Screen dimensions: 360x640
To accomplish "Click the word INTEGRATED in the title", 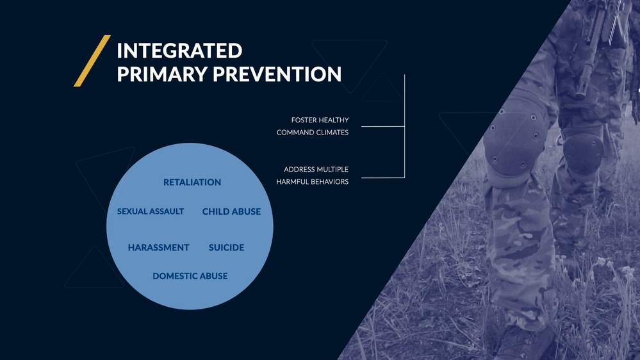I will coord(179,51).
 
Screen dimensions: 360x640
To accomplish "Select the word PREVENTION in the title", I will coord(277,74).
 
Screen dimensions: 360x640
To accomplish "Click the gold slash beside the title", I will coord(92,61).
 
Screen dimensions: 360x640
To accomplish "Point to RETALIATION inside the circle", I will coord(192,183).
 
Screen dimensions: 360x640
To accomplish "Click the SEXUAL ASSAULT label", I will coord(151,211).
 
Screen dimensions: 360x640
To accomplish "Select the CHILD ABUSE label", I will coord(231,212).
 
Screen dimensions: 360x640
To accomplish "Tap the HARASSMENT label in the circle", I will coord(158,248).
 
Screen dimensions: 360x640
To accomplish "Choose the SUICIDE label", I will coord(226,248).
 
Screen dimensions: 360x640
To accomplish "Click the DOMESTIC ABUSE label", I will coord(190,276).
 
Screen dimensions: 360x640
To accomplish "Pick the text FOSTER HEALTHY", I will coord(320,120).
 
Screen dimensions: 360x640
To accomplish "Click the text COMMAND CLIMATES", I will coord(313,133).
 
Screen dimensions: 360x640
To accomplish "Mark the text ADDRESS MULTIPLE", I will coord(316,170).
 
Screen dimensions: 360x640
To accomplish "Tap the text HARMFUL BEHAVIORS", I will coord(313,182).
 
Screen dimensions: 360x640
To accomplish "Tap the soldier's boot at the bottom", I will coord(525,343).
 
